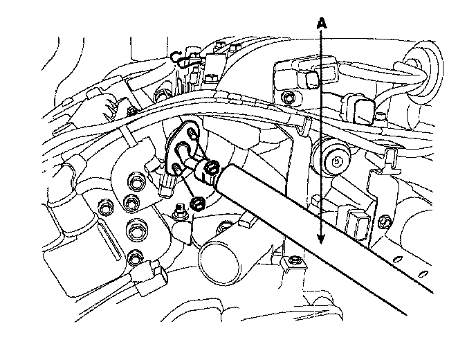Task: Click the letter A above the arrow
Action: pos(320,23)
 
